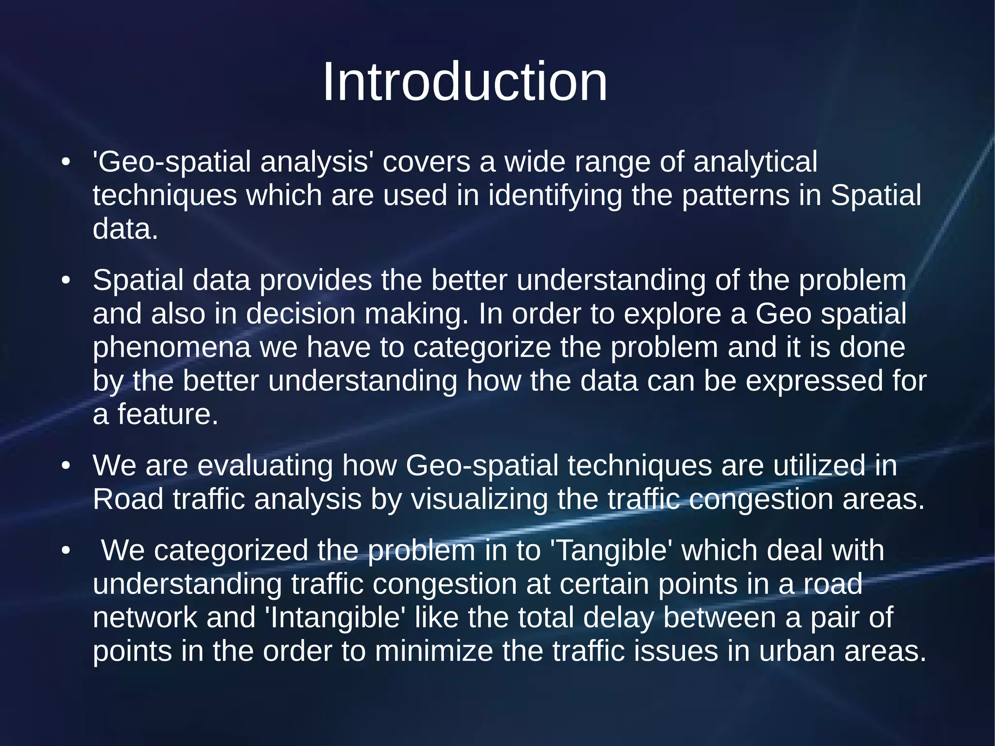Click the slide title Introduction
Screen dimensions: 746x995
click(465, 82)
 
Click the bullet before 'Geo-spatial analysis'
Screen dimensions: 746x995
click(66, 162)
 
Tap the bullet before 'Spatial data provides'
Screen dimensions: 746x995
click(66, 281)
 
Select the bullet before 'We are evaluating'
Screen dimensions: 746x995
click(66, 466)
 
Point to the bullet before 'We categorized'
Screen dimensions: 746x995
click(66, 551)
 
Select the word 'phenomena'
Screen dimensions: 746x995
click(172, 348)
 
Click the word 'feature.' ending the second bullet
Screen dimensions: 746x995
click(168, 415)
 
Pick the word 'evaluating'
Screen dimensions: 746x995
click(265, 466)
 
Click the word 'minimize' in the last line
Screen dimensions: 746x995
click(434, 651)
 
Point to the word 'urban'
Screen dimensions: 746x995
click(797, 651)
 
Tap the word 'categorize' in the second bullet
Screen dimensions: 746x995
click(482, 348)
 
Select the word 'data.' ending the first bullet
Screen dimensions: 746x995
click(125, 229)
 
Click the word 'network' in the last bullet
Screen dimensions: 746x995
click(145, 618)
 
